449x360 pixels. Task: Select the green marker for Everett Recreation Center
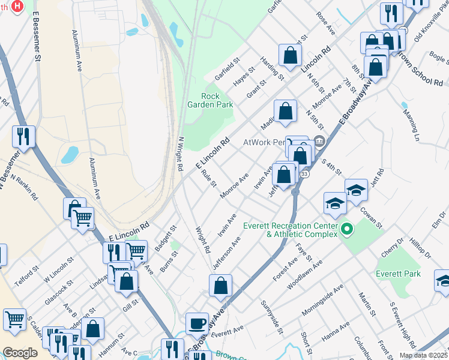[x=346, y=229]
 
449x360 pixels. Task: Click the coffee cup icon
[x=197, y=325]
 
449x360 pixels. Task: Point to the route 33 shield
[x=305, y=173]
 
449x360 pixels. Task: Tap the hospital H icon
[x=17, y=6]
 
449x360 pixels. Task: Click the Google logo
[x=20, y=353]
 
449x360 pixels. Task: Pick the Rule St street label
[x=209, y=178]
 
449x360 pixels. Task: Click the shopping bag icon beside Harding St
[x=289, y=56]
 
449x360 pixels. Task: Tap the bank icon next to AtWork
[x=319, y=142]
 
